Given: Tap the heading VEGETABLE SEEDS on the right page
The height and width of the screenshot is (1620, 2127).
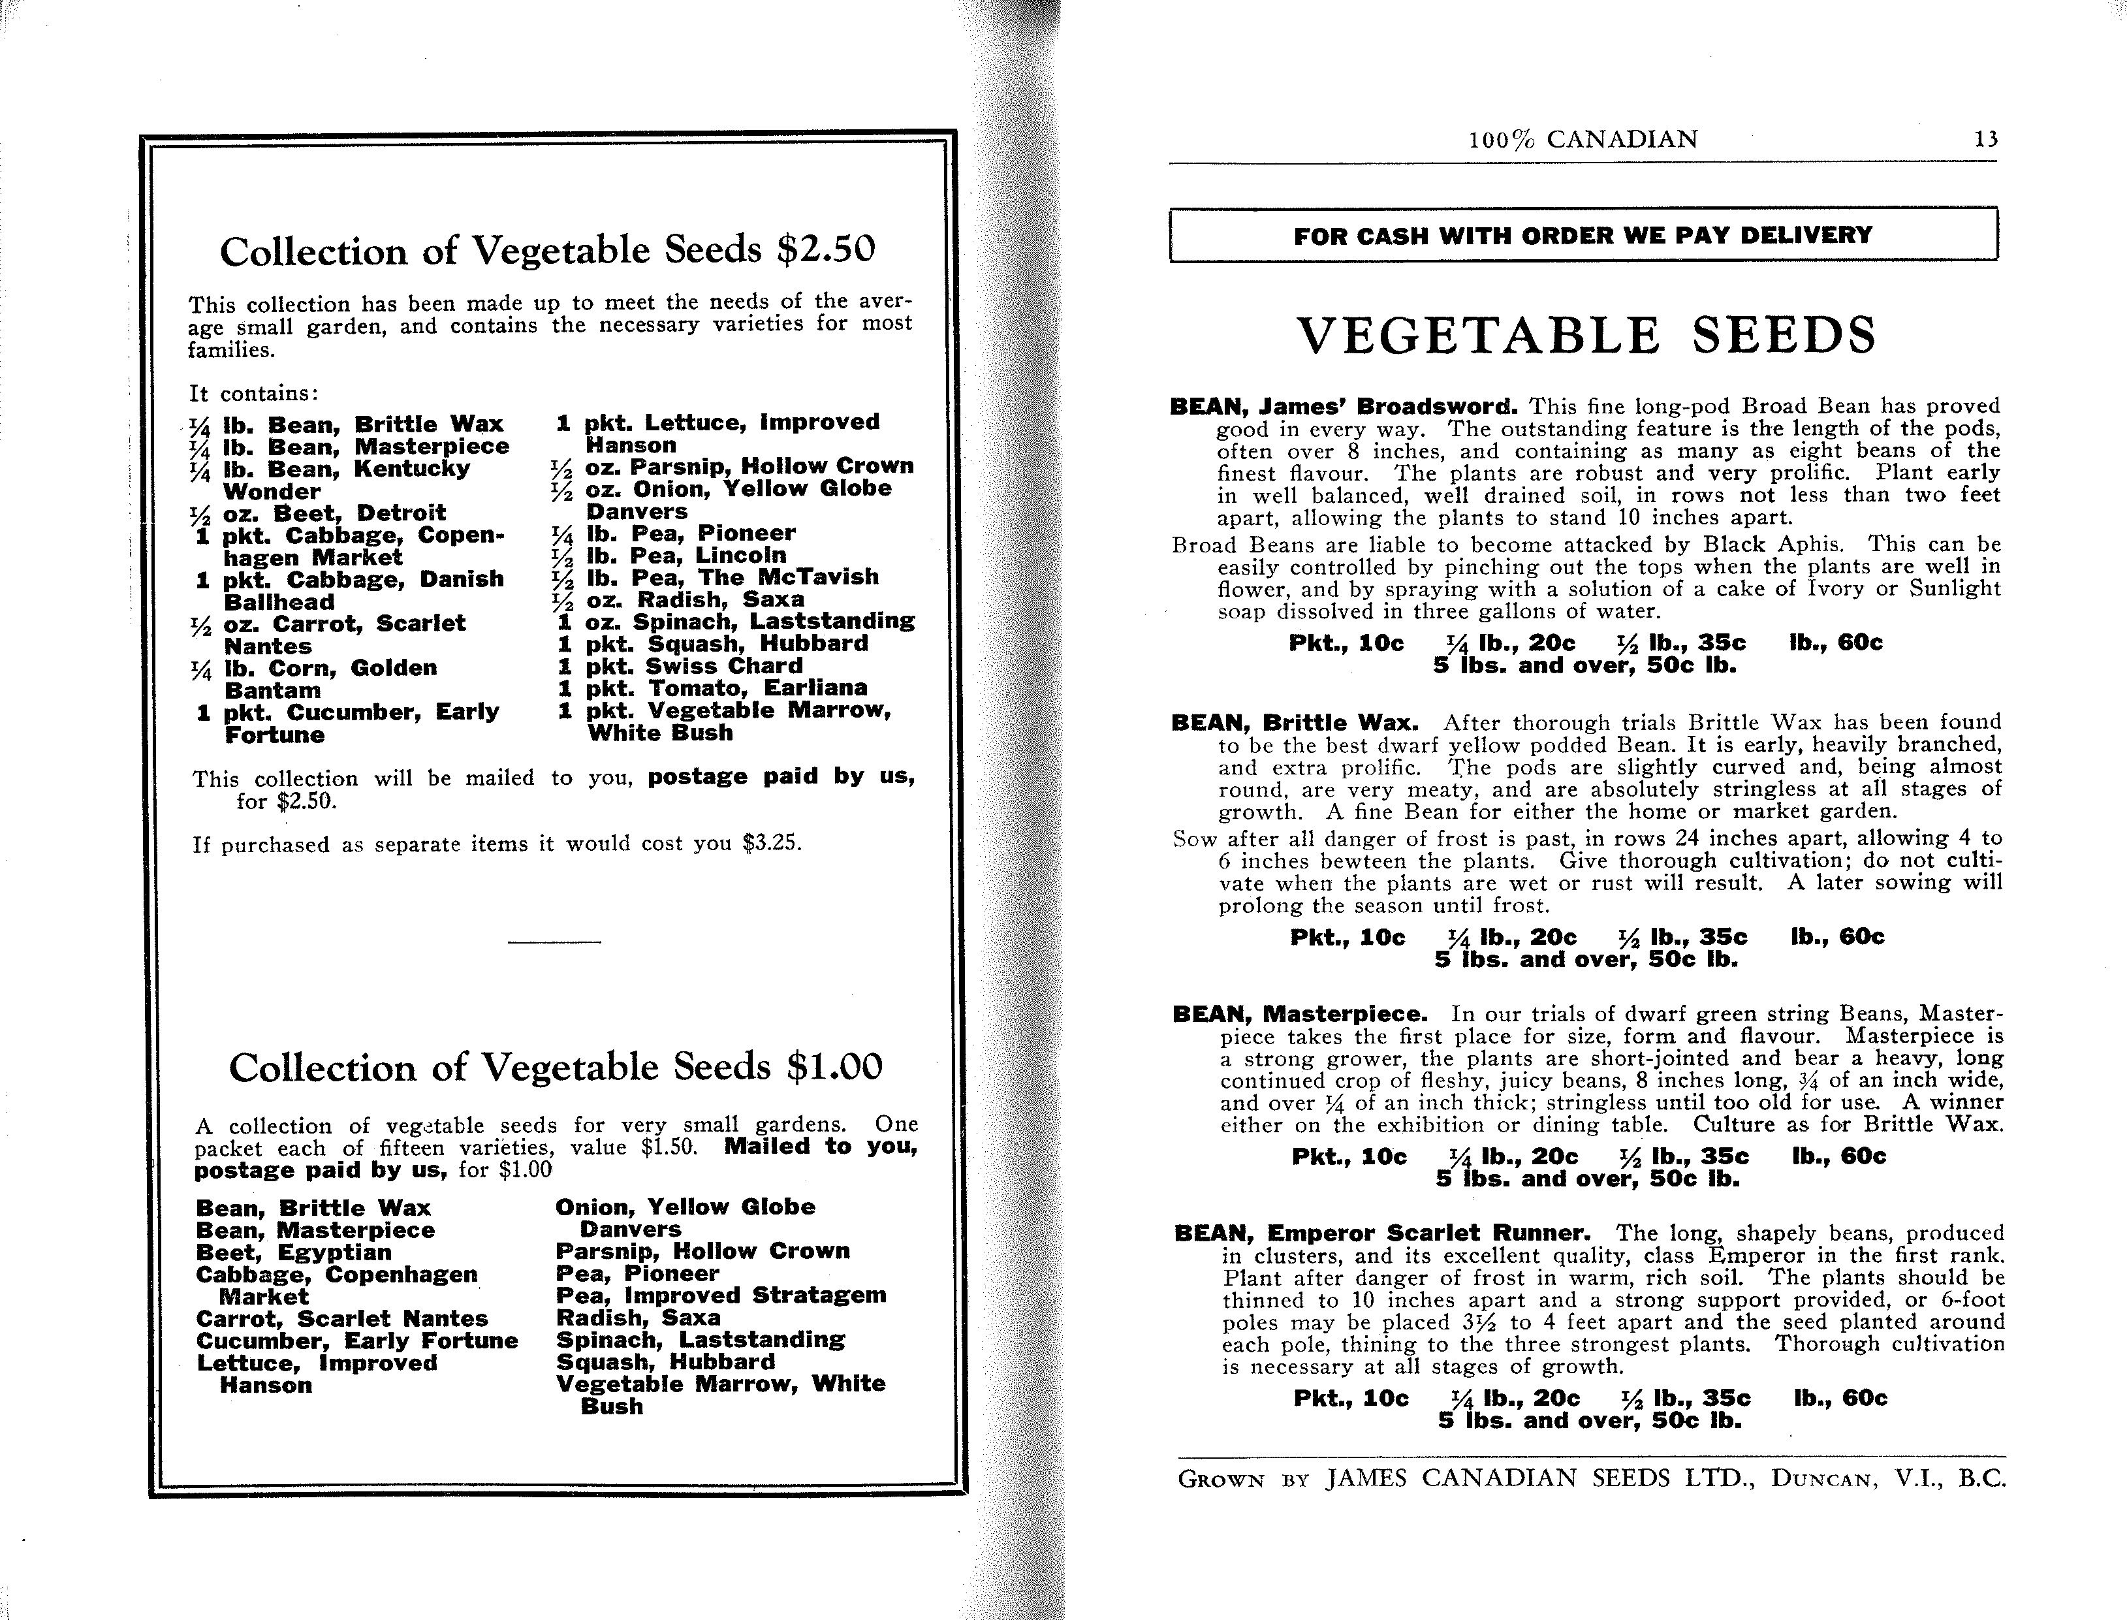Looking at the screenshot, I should [x=1586, y=336].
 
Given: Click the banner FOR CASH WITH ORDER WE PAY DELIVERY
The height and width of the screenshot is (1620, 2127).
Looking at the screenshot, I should [x=1583, y=235].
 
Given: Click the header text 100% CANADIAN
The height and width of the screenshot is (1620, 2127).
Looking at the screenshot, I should [x=1583, y=140].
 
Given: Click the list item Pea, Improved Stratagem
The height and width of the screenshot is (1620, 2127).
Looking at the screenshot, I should [x=720, y=1295].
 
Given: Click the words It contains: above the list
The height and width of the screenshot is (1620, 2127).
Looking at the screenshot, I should [x=253, y=394].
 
